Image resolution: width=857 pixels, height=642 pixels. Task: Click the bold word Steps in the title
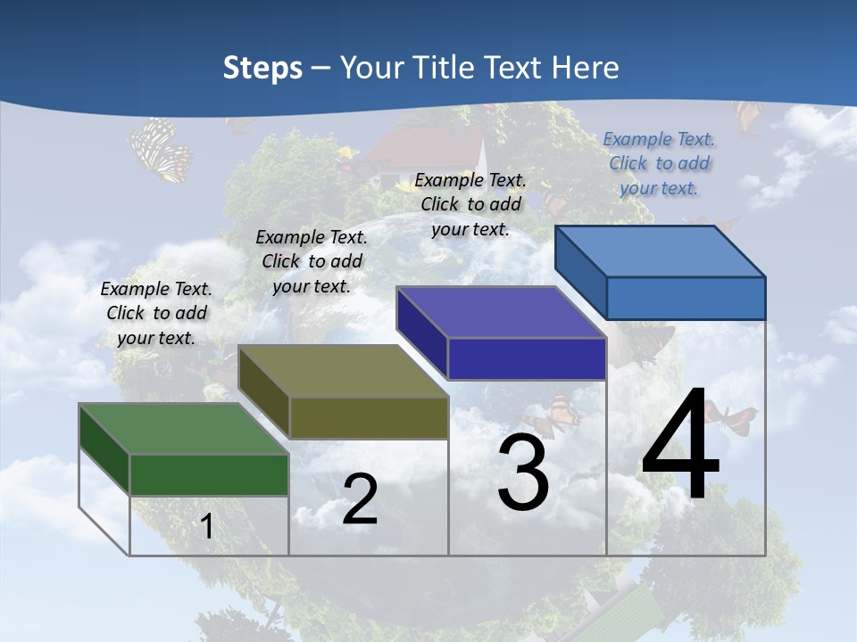click(x=262, y=68)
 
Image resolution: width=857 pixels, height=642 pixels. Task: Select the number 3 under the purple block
click(x=523, y=473)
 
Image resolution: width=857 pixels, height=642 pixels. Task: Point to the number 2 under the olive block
click(x=360, y=499)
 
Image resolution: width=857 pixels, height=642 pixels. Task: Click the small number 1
click(x=207, y=527)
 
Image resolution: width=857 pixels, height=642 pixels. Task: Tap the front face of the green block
click(x=209, y=474)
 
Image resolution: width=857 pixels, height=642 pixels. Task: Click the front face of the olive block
click(x=369, y=417)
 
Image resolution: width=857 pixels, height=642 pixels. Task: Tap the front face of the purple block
click(x=527, y=358)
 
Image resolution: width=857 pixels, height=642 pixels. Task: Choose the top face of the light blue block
click(x=660, y=251)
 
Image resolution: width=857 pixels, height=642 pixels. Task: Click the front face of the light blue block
click(x=686, y=298)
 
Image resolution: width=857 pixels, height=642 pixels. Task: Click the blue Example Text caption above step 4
click(x=659, y=163)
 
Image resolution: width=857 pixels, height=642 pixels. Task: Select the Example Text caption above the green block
click(x=156, y=313)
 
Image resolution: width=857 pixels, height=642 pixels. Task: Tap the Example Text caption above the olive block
click(x=312, y=261)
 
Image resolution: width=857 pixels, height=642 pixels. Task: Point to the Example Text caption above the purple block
click(x=470, y=204)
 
